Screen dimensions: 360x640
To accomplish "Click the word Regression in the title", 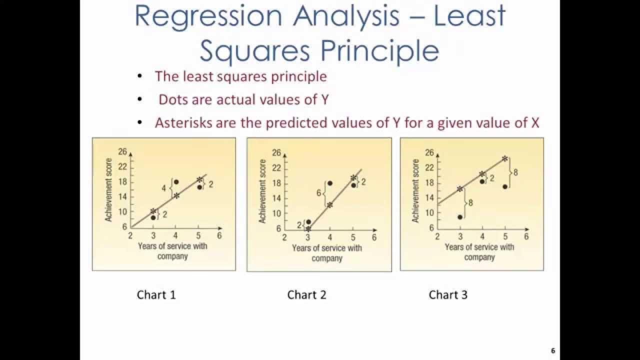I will click(208, 16).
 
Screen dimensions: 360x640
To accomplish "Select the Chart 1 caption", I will click(156, 295).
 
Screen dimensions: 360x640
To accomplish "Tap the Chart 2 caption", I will click(306, 295).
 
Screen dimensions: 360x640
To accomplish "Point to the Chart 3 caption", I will click(448, 295).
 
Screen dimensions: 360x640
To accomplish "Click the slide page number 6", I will click(553, 350).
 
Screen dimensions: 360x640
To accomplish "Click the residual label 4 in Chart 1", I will click(163, 188).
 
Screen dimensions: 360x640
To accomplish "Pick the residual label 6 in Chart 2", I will click(318, 193).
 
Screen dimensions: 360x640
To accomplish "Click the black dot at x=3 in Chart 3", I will click(459, 217).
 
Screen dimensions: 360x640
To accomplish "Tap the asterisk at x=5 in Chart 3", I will click(504, 158).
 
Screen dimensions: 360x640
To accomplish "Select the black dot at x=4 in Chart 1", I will click(176, 181).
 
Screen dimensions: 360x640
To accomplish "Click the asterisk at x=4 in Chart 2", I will click(330, 204).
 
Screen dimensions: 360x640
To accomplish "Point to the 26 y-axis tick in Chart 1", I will click(122, 151).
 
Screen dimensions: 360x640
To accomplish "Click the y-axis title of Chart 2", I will click(262, 191).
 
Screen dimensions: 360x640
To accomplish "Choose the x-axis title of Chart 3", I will click(479, 252).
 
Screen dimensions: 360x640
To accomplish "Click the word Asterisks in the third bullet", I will click(183, 122).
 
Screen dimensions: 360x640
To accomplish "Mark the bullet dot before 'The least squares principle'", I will click(139, 76).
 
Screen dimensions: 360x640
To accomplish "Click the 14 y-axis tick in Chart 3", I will click(429, 197).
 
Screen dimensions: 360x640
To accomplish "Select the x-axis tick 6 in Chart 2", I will click(374, 237).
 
